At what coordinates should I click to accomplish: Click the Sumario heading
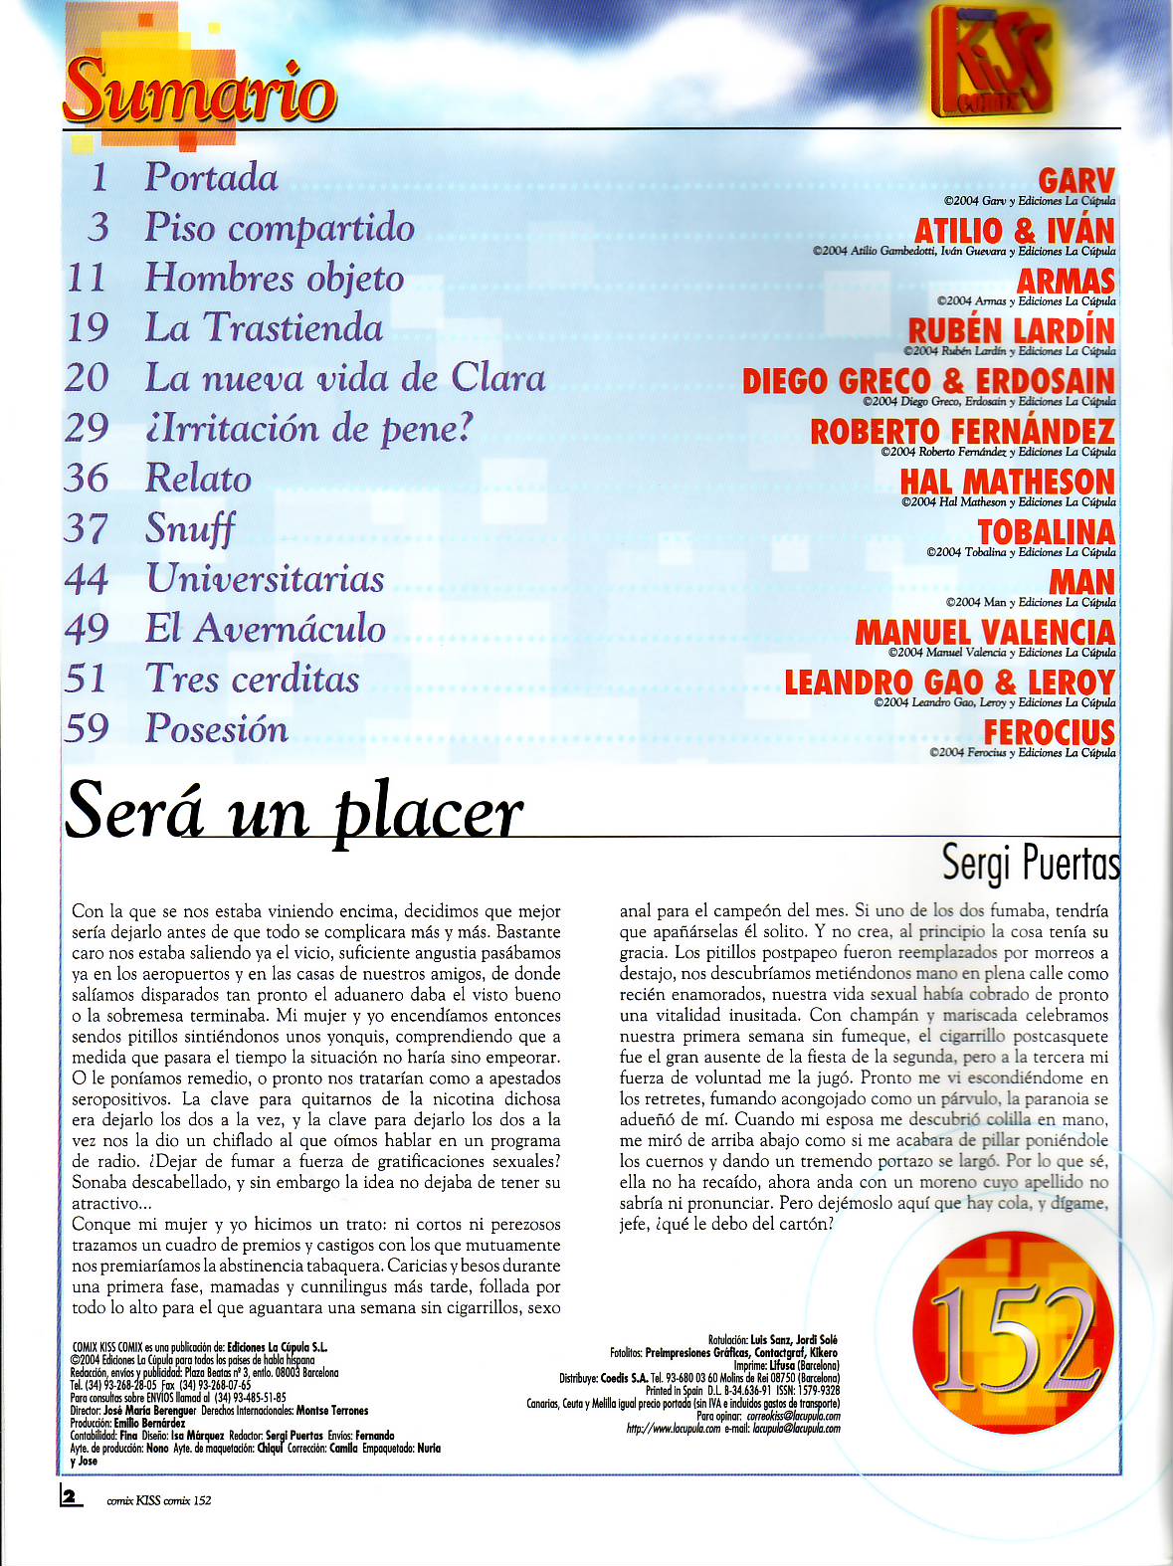point(200,92)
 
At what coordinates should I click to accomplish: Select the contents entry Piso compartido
point(280,228)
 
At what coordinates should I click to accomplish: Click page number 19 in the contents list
point(87,327)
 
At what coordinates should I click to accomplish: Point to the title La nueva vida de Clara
point(345,378)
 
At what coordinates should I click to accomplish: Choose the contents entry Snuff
point(190,527)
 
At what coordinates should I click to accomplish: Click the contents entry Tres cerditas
point(253,679)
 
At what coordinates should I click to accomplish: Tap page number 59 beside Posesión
point(87,728)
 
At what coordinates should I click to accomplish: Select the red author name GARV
point(1076,181)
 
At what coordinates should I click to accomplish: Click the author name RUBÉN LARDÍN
point(1011,330)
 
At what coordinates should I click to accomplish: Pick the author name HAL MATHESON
point(1007,482)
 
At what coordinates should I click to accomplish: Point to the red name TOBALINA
point(1047,531)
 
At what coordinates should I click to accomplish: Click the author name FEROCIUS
point(1050,732)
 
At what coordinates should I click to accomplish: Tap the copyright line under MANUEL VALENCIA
point(1002,653)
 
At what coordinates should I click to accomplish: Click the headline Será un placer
point(294,812)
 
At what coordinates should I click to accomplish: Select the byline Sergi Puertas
point(1030,863)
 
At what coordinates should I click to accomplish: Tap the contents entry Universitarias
point(265,578)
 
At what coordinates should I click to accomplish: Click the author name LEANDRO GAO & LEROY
point(949,683)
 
